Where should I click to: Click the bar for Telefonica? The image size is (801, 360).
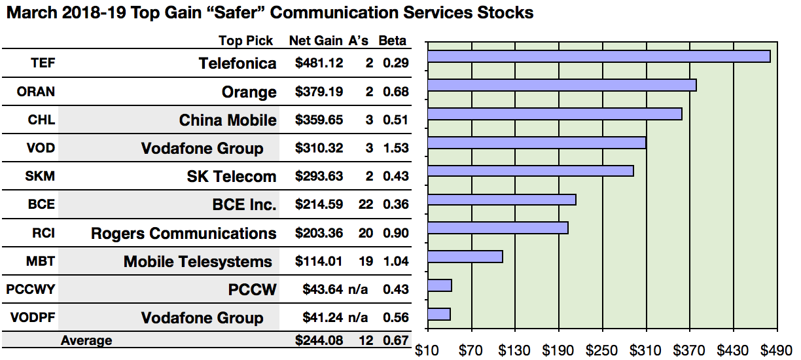click(x=598, y=56)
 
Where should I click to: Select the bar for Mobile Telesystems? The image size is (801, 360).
click(x=465, y=257)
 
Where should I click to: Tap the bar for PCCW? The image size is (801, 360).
click(x=439, y=285)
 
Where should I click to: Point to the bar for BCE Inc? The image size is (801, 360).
click(x=501, y=200)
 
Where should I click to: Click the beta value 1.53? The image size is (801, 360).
click(x=395, y=149)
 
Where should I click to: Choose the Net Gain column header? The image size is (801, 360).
click(x=315, y=41)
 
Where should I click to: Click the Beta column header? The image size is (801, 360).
click(x=392, y=41)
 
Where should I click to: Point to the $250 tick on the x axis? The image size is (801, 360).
click(x=602, y=350)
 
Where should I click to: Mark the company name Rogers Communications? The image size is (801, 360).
click(x=183, y=234)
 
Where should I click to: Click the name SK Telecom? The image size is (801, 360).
click(x=232, y=177)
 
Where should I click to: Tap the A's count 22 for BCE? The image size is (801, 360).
click(x=366, y=205)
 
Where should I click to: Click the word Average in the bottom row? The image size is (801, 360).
click(x=86, y=340)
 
